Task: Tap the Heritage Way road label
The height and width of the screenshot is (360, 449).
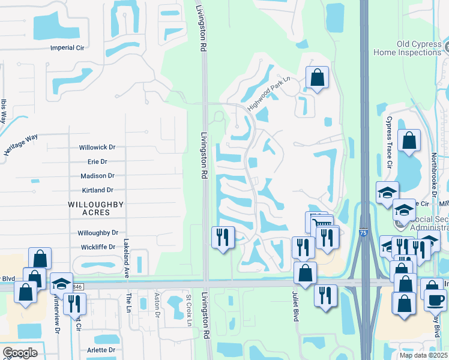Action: pyautogui.click(x=20, y=145)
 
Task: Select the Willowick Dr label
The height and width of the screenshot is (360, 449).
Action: pyautogui.click(x=97, y=147)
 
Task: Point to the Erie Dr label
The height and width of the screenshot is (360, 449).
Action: pyautogui.click(x=97, y=161)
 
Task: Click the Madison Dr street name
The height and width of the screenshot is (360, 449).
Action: pyautogui.click(x=97, y=176)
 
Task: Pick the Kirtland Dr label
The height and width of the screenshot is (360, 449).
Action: pyautogui.click(x=97, y=190)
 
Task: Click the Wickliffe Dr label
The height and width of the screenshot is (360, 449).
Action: pyautogui.click(x=97, y=247)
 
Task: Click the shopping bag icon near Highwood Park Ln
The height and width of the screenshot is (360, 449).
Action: pyautogui.click(x=316, y=77)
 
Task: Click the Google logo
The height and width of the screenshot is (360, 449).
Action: pyautogui.click(x=20, y=353)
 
